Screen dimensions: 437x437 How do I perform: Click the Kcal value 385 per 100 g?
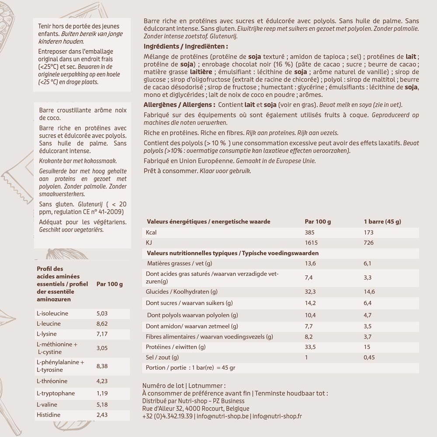click(309, 232)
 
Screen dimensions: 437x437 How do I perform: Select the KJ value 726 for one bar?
click(369, 242)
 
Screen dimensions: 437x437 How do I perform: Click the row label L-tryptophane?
click(56, 393)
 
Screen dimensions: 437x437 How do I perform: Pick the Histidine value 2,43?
click(101, 415)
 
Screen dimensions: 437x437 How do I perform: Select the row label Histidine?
click(49, 415)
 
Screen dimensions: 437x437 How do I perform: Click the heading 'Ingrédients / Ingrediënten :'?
click(186, 46)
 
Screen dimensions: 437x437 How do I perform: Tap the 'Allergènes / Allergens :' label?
click(179, 105)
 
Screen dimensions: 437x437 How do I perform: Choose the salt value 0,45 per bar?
click(370, 358)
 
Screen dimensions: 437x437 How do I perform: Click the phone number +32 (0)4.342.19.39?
click(168, 416)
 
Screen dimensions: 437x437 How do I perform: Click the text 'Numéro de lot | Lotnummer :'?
click(184, 386)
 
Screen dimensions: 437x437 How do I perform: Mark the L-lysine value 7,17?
click(101, 334)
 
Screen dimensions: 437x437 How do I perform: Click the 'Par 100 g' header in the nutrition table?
click(318, 221)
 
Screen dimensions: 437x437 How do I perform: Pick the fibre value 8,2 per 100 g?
click(309, 337)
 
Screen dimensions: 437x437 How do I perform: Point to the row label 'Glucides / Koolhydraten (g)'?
click(182, 292)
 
